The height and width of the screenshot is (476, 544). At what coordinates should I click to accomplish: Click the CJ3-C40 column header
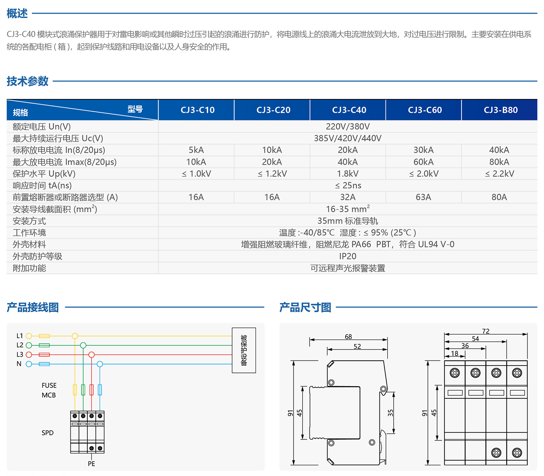[x=349, y=110]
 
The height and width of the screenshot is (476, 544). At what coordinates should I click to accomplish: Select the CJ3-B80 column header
[x=500, y=110]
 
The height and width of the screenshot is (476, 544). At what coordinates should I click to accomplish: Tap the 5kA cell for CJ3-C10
[x=196, y=150]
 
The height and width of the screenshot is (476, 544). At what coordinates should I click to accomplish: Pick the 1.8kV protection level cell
[x=347, y=174]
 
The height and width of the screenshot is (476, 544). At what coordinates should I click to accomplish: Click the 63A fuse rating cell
[x=423, y=197]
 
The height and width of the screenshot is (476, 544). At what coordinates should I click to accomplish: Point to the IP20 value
[x=347, y=256]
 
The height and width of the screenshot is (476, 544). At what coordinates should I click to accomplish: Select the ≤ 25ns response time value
[x=348, y=186]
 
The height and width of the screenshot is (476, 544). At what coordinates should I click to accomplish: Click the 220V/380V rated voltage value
[x=347, y=126]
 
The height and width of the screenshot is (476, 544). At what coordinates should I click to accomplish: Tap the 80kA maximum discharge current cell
[x=499, y=162]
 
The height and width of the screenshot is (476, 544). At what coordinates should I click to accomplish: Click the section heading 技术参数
[x=28, y=81]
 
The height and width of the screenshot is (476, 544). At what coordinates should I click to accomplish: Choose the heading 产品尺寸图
[x=305, y=307]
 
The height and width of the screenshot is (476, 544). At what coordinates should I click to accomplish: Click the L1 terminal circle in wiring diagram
[x=29, y=336]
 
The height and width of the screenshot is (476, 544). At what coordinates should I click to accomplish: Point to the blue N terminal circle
[x=29, y=364]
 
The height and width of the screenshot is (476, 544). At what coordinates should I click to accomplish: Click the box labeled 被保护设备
[x=244, y=350]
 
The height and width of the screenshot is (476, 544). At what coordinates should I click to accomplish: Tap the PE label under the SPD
[x=91, y=464]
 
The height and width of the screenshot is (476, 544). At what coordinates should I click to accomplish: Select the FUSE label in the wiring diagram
[x=49, y=386]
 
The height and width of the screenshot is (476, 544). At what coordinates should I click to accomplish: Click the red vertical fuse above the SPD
[x=91, y=390]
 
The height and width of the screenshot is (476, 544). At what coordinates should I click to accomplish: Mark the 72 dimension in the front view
[x=486, y=331]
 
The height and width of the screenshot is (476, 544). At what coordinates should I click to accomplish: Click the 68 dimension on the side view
[x=348, y=337]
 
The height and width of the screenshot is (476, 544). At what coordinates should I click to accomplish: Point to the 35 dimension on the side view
[x=390, y=413]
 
